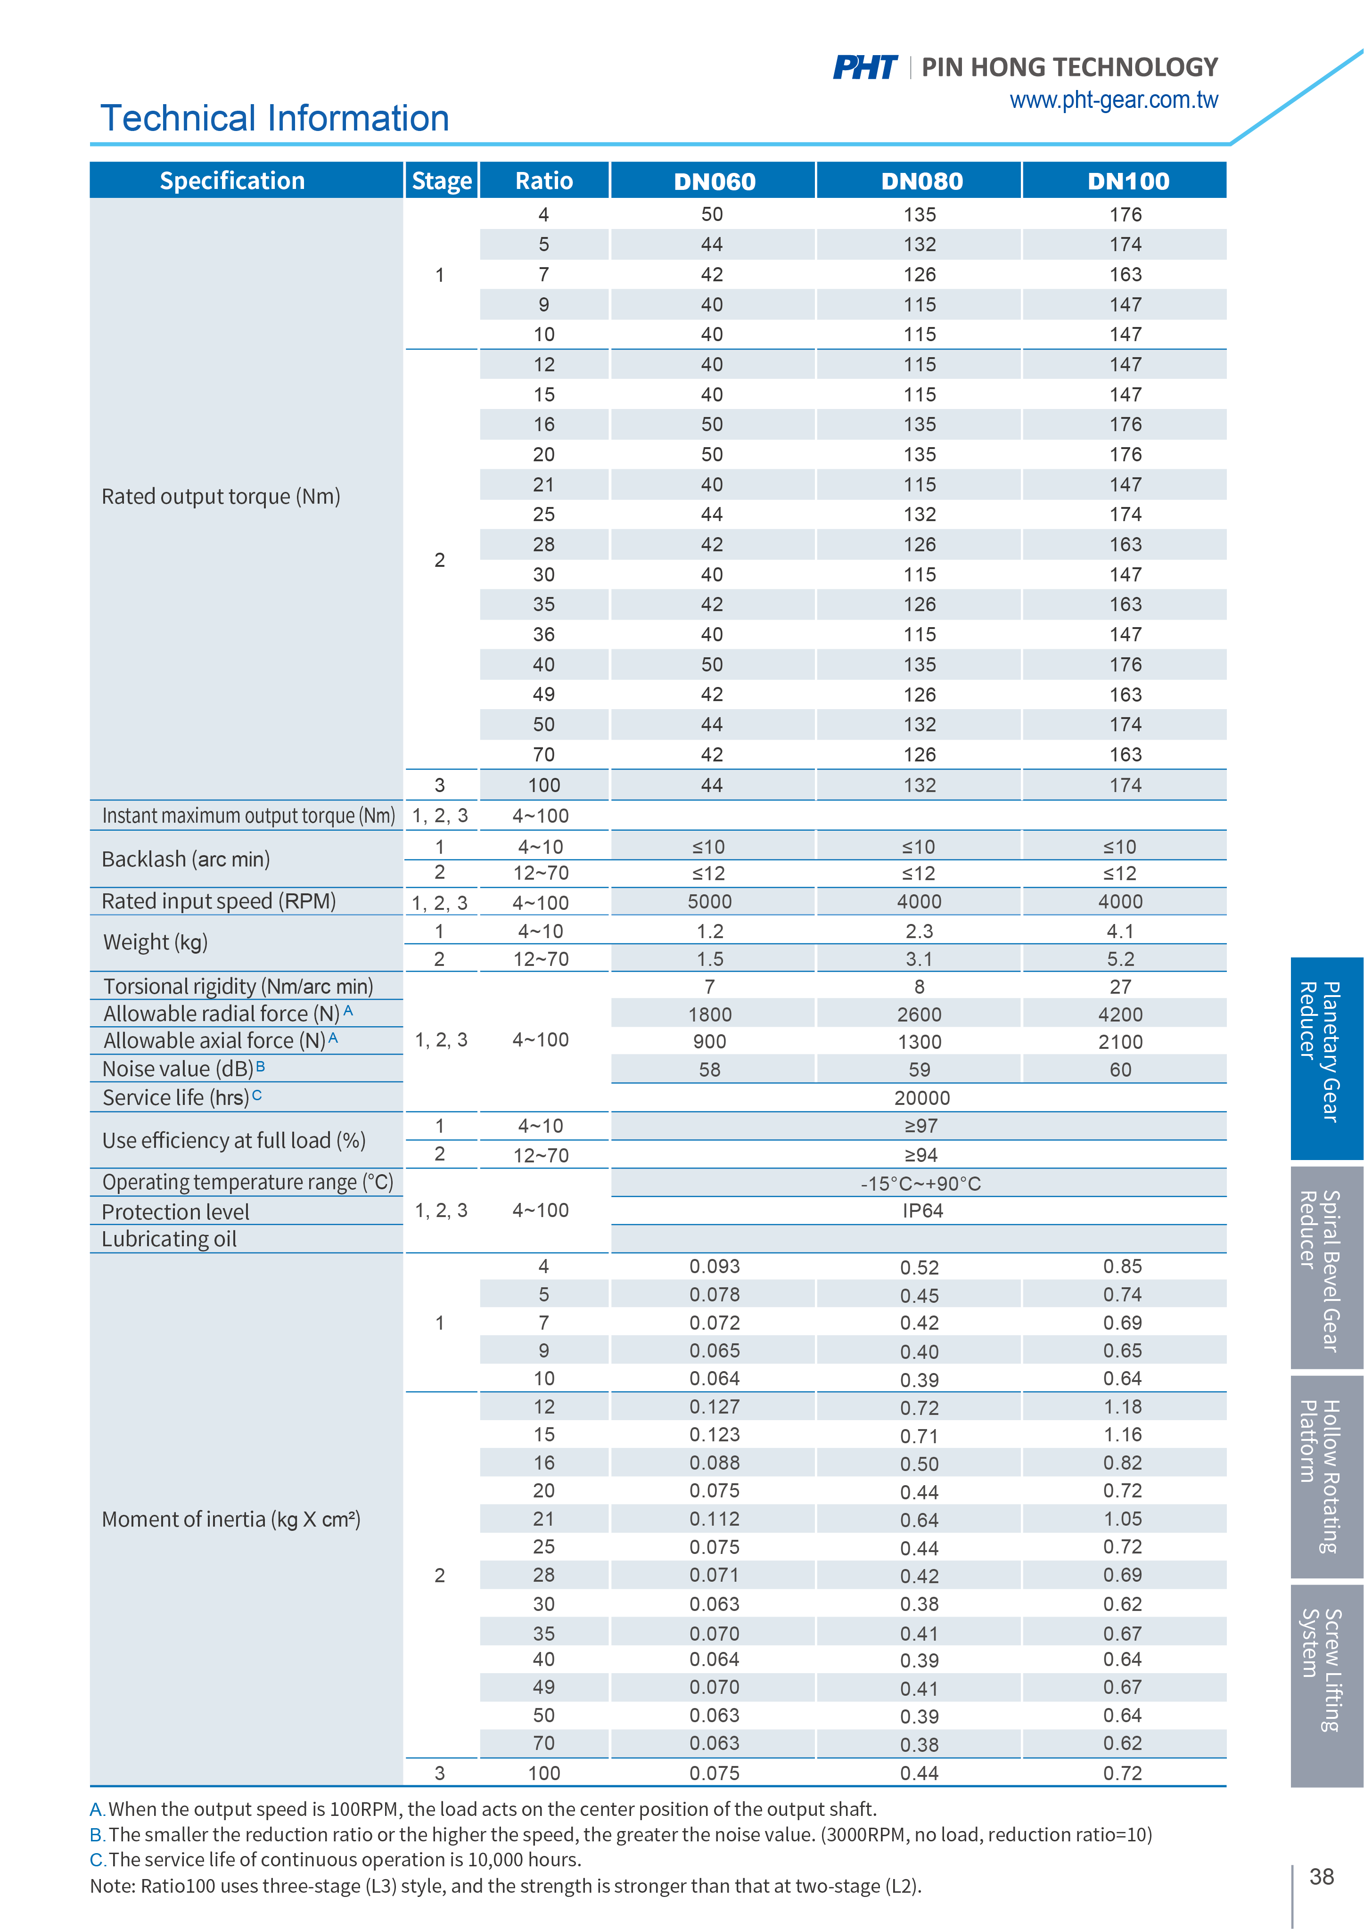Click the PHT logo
[865, 67]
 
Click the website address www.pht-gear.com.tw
[1114, 100]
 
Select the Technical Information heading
[275, 118]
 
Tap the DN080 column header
[921, 181]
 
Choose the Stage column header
[441, 181]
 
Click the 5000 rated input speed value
[710, 901]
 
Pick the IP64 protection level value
[922, 1210]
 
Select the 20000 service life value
[922, 1098]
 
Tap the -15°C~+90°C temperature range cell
[920, 1184]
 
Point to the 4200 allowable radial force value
[1120, 1015]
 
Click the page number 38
[1321, 1877]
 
